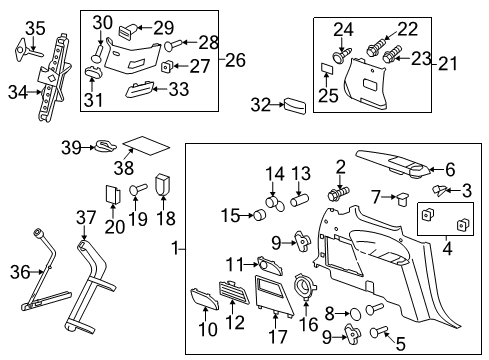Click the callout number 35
click(35, 27)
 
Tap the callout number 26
click(235, 60)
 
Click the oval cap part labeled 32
click(295, 105)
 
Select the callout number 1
click(177, 247)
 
